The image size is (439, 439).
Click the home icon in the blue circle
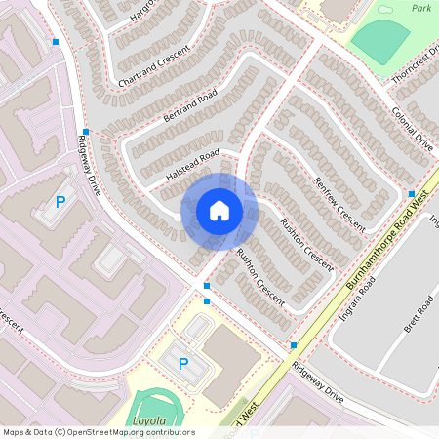click(219, 211)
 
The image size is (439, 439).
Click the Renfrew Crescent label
click(339, 204)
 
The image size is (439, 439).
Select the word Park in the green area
click(420, 7)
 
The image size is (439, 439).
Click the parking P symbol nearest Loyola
click(182, 363)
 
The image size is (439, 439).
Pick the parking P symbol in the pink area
click(60, 203)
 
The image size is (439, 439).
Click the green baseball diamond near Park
click(380, 40)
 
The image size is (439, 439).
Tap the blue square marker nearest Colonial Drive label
click(412, 193)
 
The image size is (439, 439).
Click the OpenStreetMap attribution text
click(99, 432)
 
